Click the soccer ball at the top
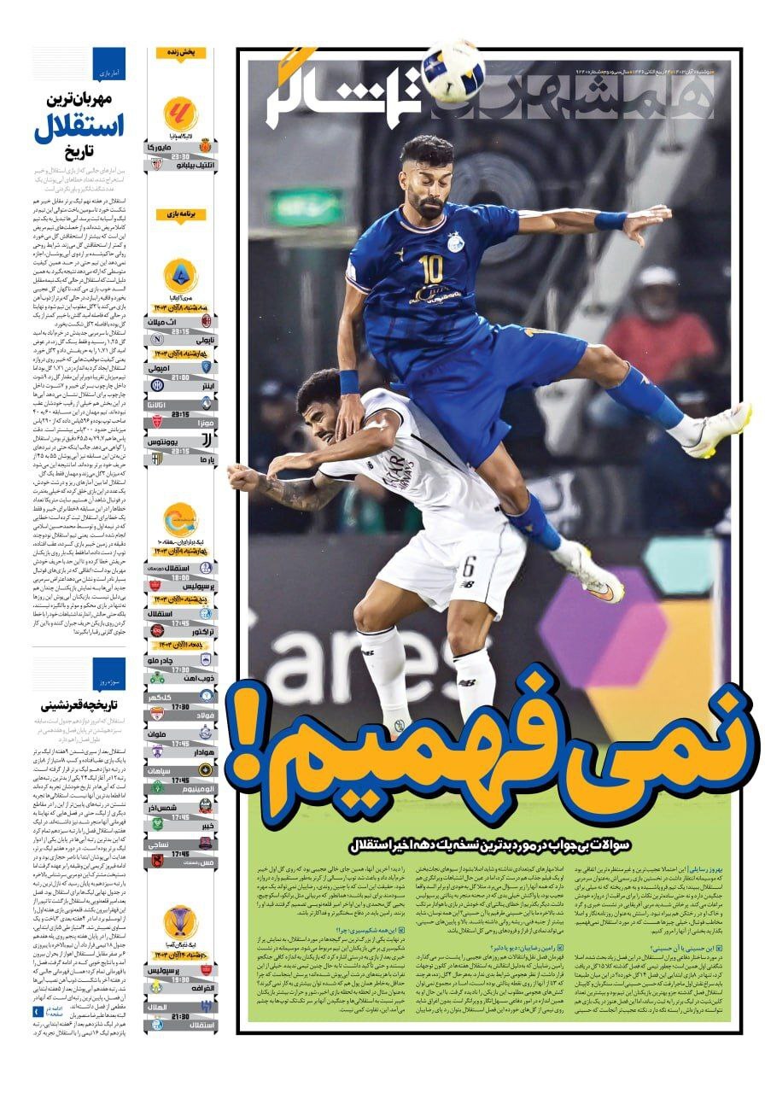point(453,70)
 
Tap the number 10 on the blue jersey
point(431,270)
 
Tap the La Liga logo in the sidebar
point(180,113)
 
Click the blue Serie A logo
point(180,275)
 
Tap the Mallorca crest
point(205,146)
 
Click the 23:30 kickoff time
point(180,157)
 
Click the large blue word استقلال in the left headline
point(79,127)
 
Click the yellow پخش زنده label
point(180,53)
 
